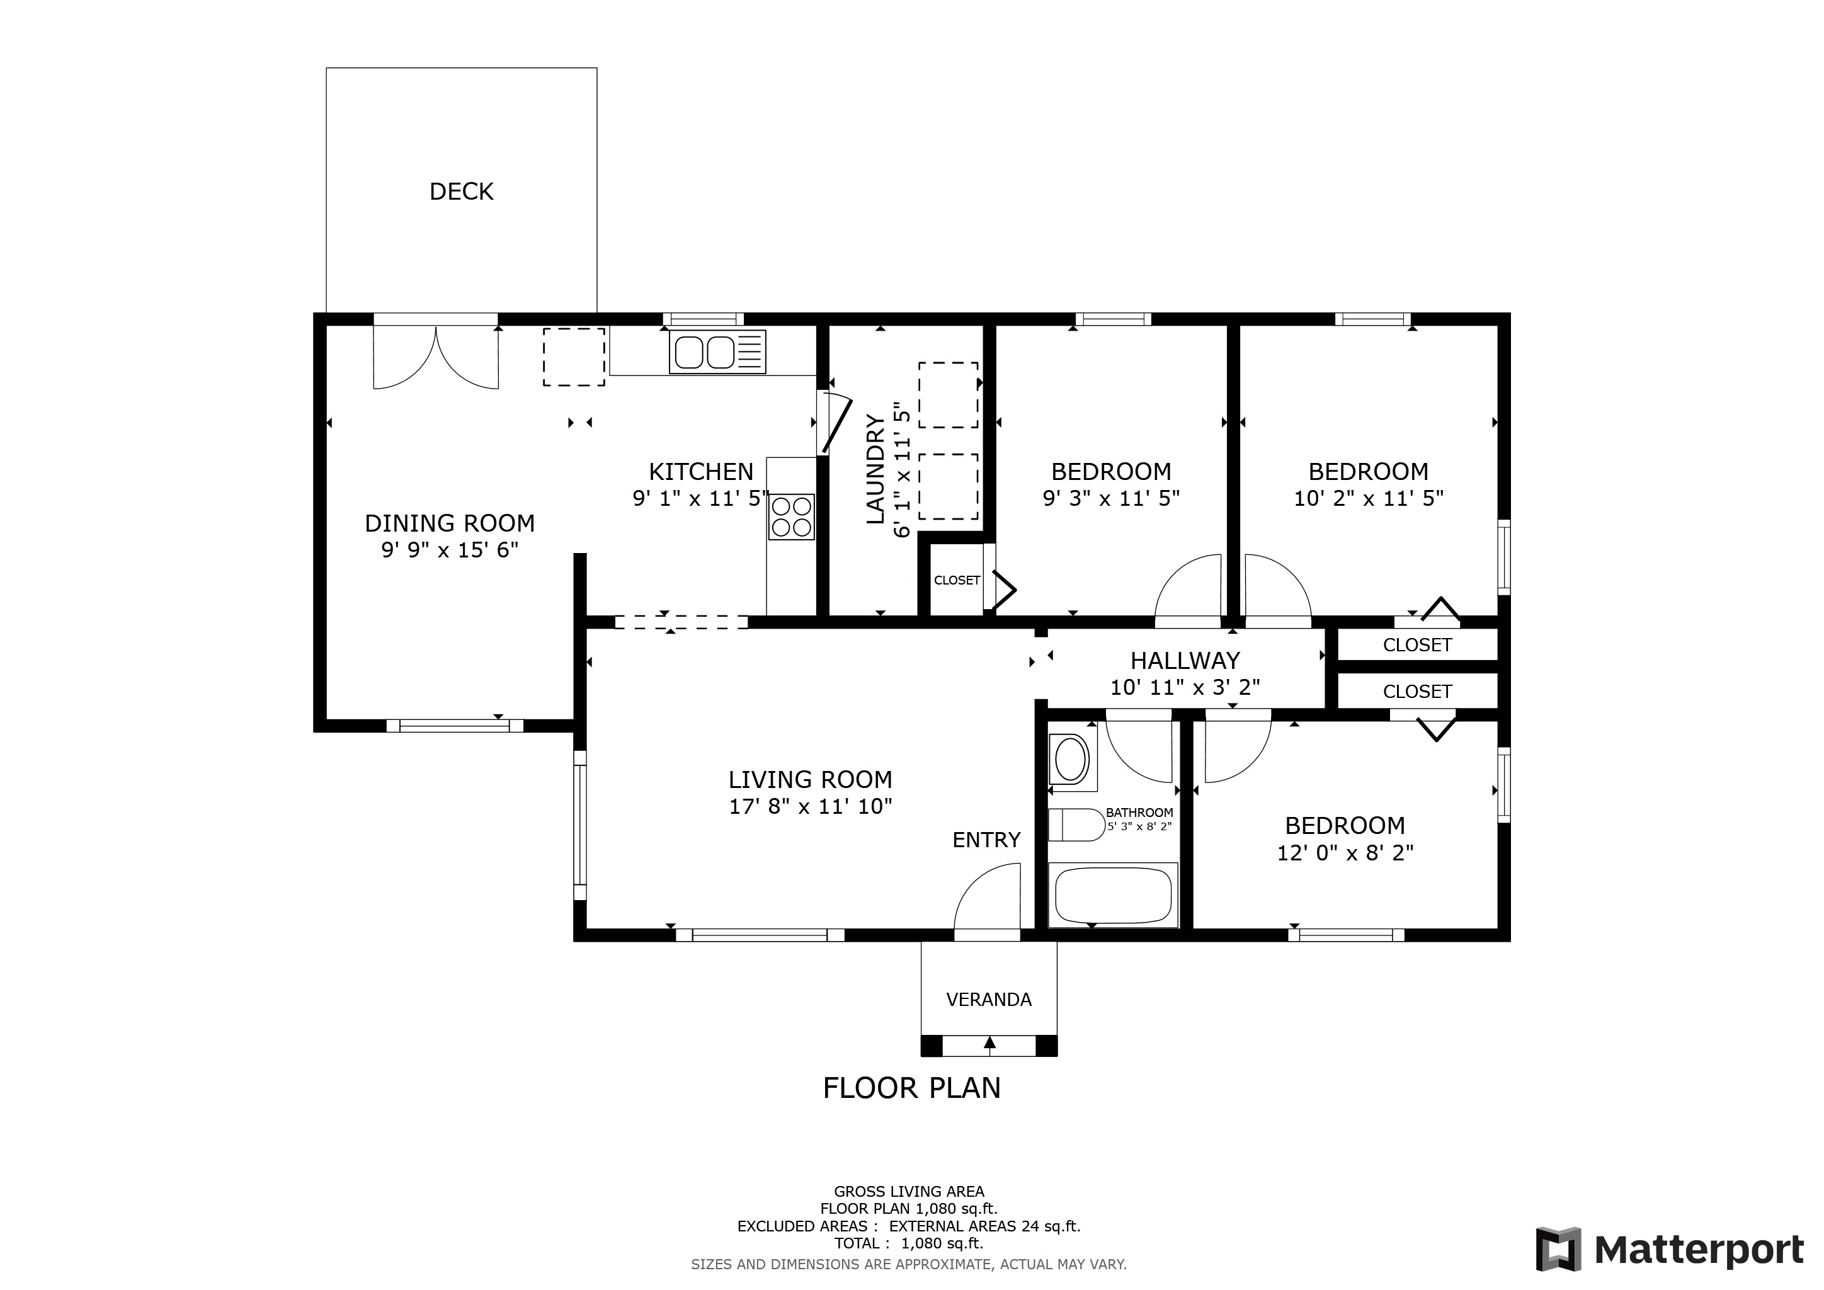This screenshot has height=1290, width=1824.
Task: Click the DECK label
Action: [x=461, y=191]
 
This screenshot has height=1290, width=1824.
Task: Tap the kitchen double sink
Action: [x=717, y=352]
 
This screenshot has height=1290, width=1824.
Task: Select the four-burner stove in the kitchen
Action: [x=791, y=517]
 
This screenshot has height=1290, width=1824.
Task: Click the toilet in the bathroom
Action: [x=1076, y=825]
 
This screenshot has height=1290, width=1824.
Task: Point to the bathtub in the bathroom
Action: [x=1112, y=895]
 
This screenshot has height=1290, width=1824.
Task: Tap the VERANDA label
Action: [x=988, y=999]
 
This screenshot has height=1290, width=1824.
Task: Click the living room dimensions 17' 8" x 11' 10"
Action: [x=811, y=806]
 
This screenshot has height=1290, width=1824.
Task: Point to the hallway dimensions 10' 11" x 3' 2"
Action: [x=1185, y=687]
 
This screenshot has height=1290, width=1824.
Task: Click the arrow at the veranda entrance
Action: [x=989, y=1046]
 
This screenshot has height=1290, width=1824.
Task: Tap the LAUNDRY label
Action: [x=875, y=469]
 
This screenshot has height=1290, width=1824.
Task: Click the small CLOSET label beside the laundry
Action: [x=957, y=581]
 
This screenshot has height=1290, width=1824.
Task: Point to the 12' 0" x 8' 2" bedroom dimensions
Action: [x=1345, y=852]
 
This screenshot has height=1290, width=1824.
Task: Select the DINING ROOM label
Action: [x=450, y=523]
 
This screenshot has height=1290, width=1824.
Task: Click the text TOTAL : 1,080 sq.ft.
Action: [x=909, y=1243]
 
